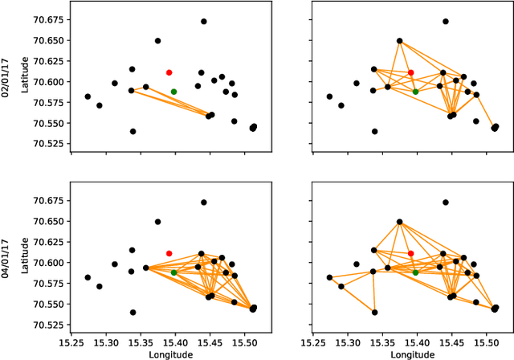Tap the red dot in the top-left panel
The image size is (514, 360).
[x=169, y=72]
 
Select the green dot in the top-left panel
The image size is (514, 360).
[x=173, y=92]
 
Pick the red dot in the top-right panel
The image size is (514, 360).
[x=410, y=72]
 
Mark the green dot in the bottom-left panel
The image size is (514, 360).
[x=173, y=272]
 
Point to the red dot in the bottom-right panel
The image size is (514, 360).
[x=410, y=253]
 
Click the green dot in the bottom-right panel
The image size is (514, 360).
[x=415, y=272]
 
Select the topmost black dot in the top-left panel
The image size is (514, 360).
[x=203, y=22]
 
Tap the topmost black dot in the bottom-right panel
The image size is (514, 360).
[x=445, y=202]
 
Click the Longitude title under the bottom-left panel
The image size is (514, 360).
[x=171, y=354]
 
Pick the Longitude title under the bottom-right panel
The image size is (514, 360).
[x=412, y=354]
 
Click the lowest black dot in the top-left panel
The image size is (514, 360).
[x=133, y=131]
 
